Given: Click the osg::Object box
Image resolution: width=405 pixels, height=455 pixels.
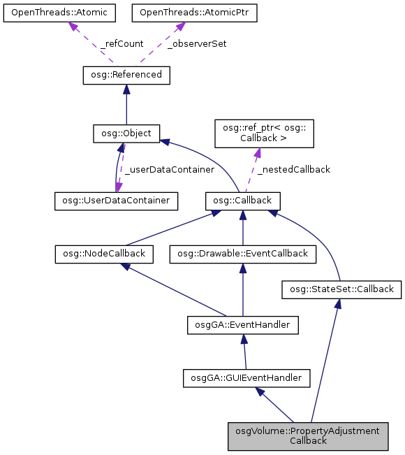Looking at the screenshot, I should (126, 133).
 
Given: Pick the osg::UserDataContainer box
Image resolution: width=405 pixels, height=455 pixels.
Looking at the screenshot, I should (117, 201).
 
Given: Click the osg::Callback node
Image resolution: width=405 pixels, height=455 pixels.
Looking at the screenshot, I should (243, 201).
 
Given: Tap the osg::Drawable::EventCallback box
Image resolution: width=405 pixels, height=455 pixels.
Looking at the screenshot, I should (243, 254).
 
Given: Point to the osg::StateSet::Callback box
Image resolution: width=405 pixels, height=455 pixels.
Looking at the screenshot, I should (341, 288).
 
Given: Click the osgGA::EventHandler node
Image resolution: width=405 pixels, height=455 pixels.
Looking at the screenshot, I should (243, 324).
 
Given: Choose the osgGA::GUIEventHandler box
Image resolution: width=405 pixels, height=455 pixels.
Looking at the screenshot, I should (246, 377).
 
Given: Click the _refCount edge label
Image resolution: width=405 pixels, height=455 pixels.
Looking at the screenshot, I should (121, 43).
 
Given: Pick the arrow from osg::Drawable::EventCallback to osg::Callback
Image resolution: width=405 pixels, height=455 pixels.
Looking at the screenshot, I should (243, 227).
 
